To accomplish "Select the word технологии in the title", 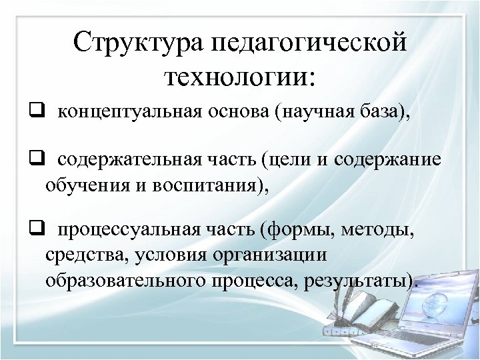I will (x=231, y=78).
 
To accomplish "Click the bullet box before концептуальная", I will (x=35, y=111).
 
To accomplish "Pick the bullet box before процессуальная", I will (x=35, y=231).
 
